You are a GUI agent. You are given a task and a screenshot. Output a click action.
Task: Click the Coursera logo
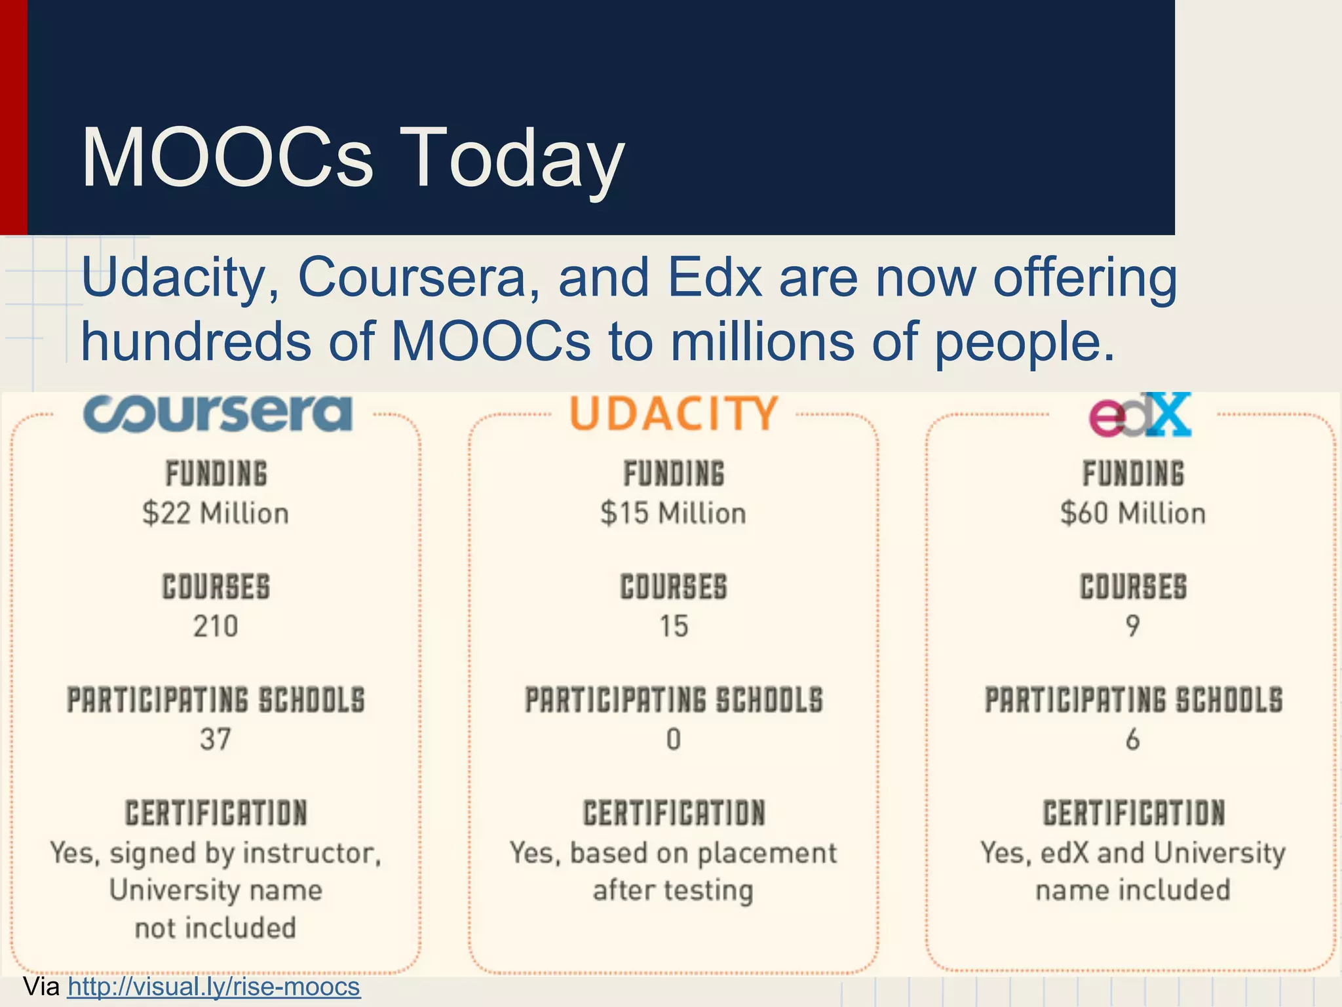tap(218, 413)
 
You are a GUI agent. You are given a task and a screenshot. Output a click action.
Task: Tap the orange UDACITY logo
tap(674, 413)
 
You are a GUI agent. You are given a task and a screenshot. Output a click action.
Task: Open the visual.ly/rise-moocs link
tap(214, 987)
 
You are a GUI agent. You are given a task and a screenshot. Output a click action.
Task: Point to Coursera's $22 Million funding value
tap(216, 513)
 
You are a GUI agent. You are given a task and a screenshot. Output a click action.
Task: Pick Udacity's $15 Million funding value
tap(673, 513)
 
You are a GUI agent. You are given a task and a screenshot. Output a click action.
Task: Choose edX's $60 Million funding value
tap(1133, 513)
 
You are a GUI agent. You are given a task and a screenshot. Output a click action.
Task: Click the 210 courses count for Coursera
tap(216, 626)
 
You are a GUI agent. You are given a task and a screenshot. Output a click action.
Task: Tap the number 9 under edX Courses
tap(1133, 626)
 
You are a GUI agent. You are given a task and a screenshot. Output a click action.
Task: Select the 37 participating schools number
tap(216, 740)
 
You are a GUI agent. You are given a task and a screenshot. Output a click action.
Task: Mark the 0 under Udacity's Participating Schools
tap(674, 740)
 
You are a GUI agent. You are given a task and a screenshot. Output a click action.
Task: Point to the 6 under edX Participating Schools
tap(1133, 740)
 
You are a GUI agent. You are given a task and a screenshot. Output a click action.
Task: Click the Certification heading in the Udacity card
tap(674, 813)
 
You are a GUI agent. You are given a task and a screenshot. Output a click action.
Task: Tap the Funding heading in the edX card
tap(1133, 473)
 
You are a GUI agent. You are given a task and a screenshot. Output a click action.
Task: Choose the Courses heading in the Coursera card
tap(216, 587)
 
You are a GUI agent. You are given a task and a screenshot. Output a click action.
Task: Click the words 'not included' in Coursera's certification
tap(216, 928)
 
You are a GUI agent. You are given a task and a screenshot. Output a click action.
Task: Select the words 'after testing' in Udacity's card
tap(673, 890)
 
